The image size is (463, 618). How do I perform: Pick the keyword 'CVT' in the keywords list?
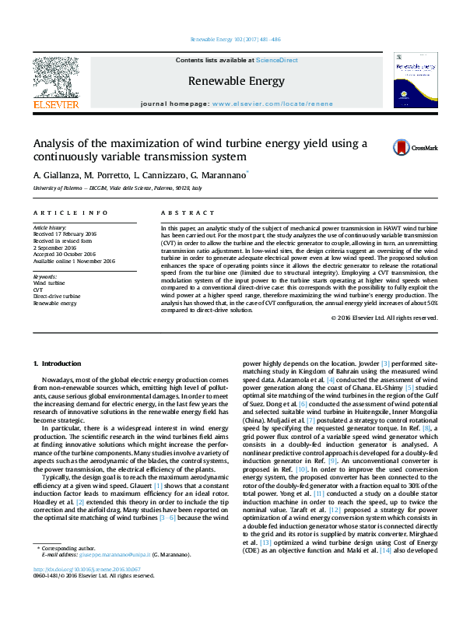pyautogui.click(x=38, y=290)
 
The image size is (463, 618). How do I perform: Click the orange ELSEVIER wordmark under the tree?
pyautogui.click(x=55, y=104)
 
